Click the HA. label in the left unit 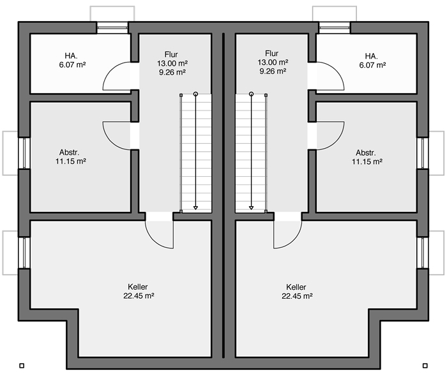tap(71, 56)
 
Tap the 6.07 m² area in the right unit tap(372, 65)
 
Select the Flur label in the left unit tap(171, 54)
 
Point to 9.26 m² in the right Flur tap(273, 72)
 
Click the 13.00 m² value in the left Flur tap(172, 63)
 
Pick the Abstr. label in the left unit tap(69, 152)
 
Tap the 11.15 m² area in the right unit tap(367, 162)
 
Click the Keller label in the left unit tap(138, 287)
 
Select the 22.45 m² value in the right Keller tap(298, 296)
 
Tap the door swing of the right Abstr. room tap(337, 142)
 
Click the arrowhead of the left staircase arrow tap(195, 208)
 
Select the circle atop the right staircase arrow tap(251, 94)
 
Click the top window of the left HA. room tap(112, 27)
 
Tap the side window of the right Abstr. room tap(423, 153)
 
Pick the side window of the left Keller tap(24, 253)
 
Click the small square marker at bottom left tap(22, 365)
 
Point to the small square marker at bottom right tap(425, 365)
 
